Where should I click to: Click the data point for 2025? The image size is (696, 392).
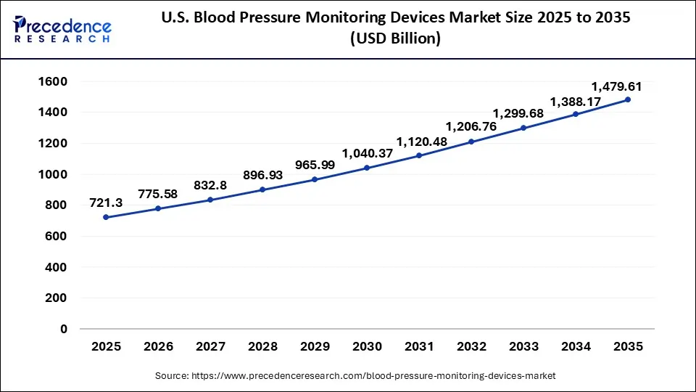105,217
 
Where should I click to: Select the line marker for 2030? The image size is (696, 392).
366,168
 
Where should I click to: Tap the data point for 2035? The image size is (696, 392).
627,99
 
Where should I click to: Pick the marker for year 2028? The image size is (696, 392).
262,189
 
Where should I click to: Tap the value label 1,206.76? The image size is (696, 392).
471,126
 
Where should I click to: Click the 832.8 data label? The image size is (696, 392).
210,185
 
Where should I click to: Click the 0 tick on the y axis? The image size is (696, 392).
63,329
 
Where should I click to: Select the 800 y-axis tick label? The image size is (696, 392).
55,205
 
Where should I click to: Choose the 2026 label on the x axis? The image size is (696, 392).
157,347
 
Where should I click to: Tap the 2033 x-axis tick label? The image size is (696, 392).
523,347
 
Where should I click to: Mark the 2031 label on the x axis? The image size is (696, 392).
418,347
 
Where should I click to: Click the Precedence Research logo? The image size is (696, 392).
62,29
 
